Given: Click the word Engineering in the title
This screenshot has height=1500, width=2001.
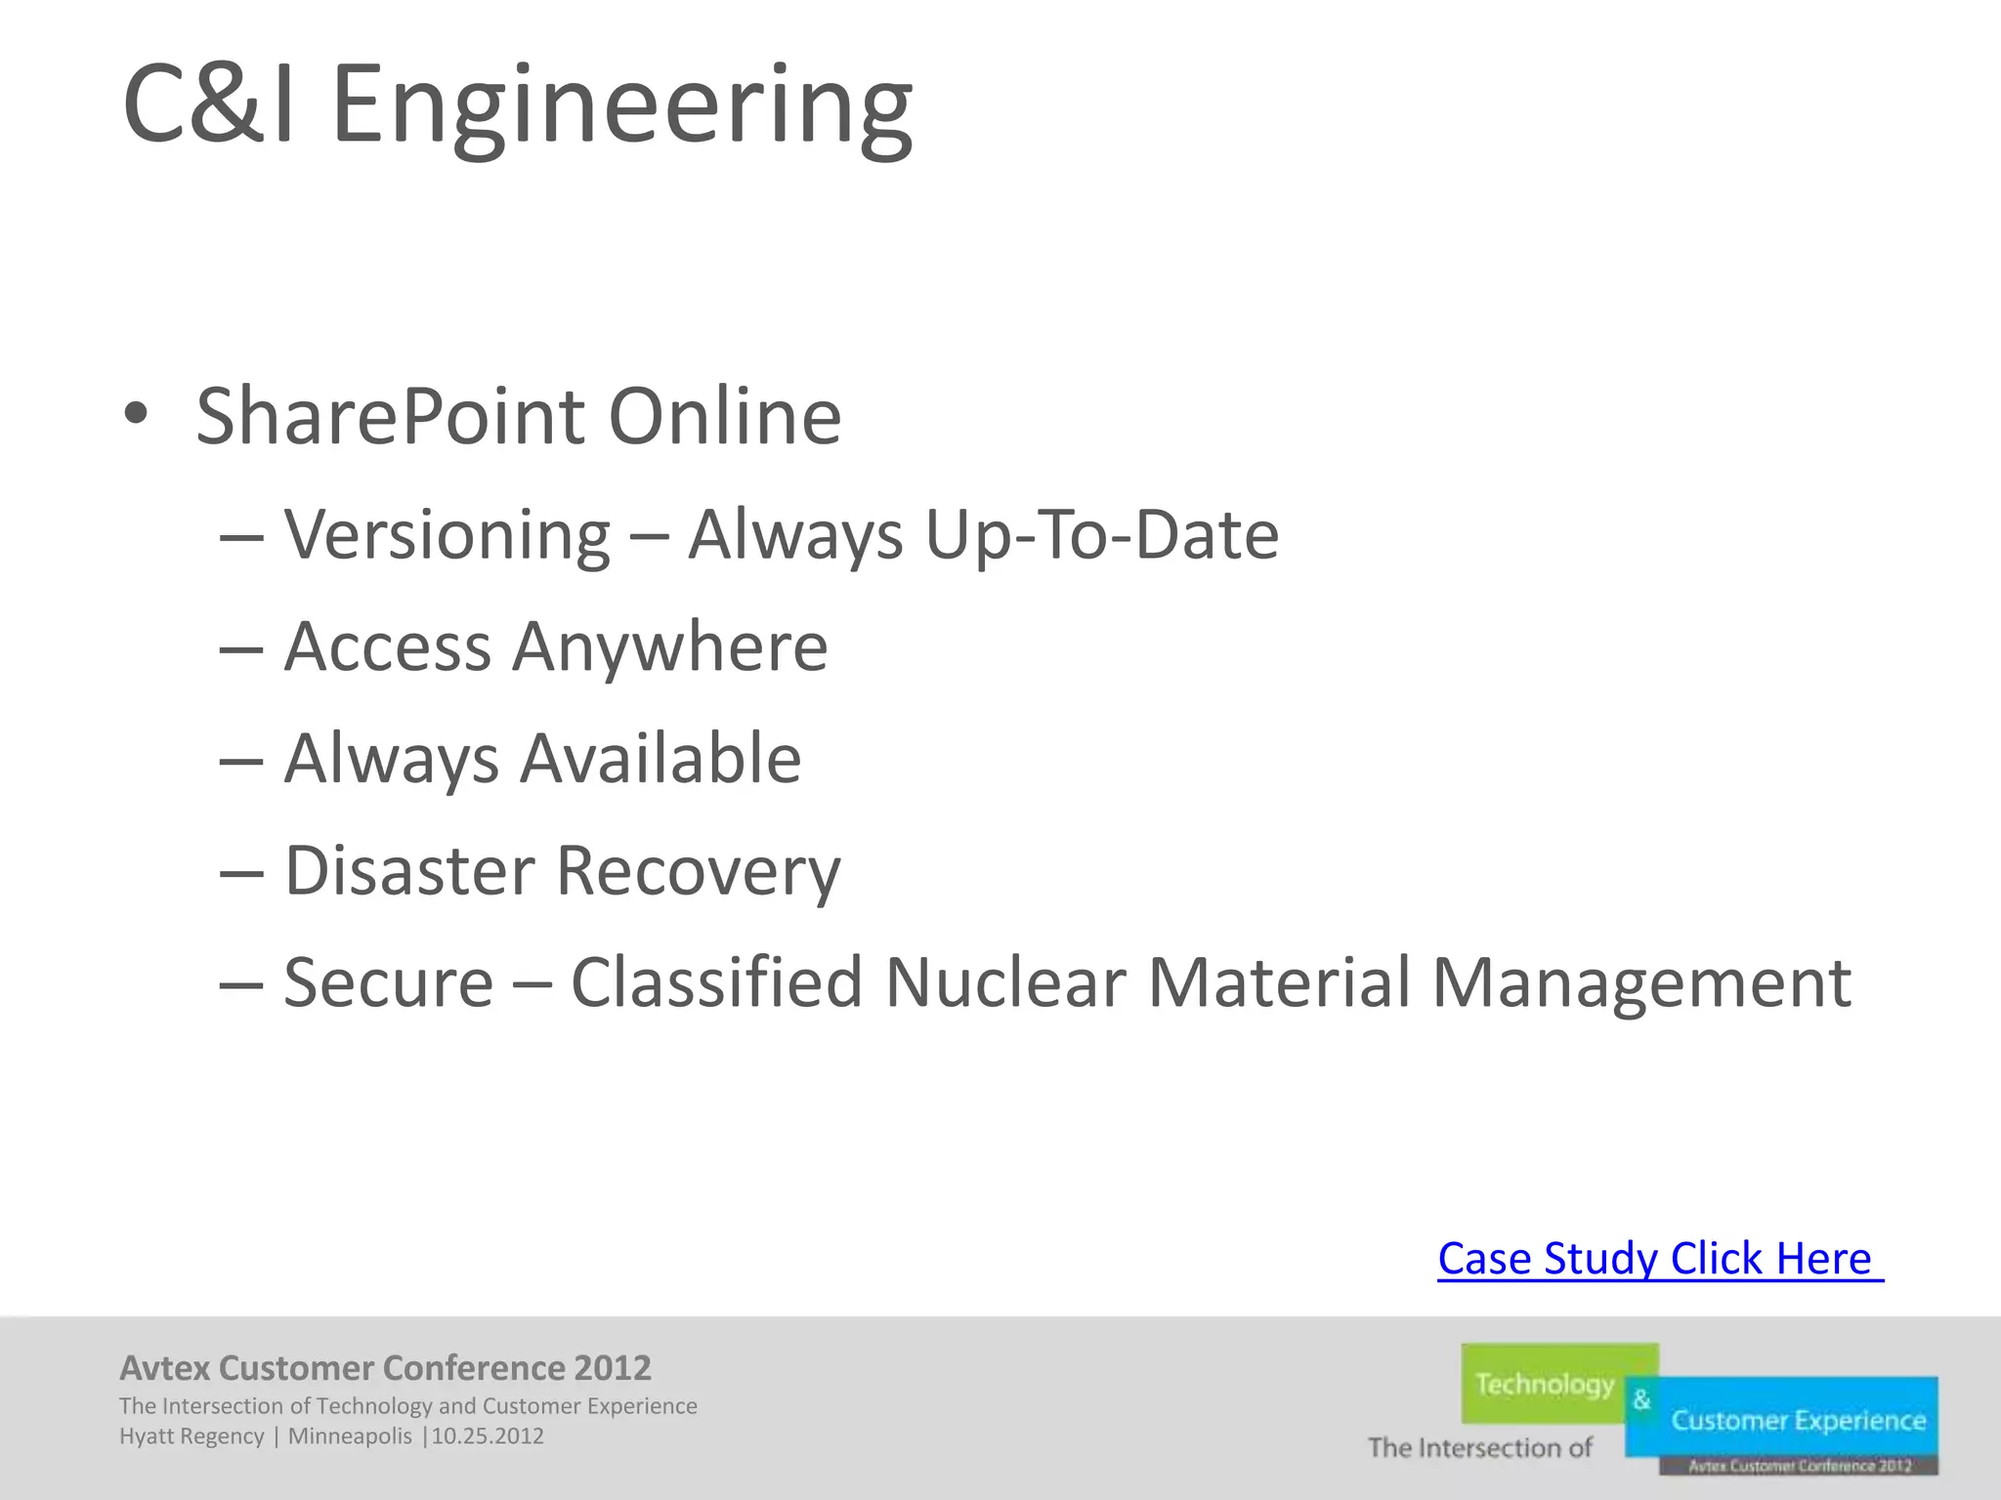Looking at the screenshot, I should (x=622, y=105).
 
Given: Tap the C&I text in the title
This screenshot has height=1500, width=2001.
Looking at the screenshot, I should (x=208, y=105).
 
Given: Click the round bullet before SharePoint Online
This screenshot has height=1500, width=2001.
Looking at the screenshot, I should (x=136, y=414).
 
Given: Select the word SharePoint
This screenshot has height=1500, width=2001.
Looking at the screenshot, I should (x=391, y=417).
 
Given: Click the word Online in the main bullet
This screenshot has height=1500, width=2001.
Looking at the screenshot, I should (x=724, y=417).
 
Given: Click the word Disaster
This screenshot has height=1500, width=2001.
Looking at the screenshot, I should (x=409, y=870).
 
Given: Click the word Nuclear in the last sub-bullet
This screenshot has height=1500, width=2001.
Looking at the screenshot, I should (x=1005, y=982).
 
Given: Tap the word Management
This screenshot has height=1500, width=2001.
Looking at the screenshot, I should (x=1640, y=982).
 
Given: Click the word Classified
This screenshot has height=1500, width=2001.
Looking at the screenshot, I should (x=716, y=982).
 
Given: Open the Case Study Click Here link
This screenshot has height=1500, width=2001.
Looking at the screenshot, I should (x=1659, y=1258).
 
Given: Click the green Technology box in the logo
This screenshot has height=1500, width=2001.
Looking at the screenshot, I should (x=1546, y=1383).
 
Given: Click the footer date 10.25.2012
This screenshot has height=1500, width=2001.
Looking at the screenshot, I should (x=488, y=1437).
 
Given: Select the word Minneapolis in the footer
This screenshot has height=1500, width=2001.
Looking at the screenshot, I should (x=350, y=1437).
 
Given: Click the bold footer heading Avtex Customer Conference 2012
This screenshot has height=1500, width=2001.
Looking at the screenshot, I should (x=385, y=1368).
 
